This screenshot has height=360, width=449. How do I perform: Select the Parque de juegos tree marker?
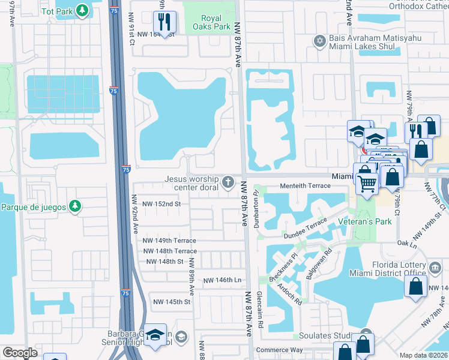(x=74, y=207)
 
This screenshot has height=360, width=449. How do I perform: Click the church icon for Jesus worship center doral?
(x=228, y=181)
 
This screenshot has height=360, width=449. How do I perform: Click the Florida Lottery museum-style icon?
(x=435, y=266)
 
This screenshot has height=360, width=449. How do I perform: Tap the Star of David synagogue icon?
(x=319, y=41)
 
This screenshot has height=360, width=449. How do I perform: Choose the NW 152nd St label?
(x=157, y=204)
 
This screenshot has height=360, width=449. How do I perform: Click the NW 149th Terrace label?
(x=169, y=241)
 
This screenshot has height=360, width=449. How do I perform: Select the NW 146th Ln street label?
(x=221, y=280)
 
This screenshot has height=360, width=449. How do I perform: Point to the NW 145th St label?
(x=172, y=302)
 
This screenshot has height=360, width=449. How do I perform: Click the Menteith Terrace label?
(x=309, y=186)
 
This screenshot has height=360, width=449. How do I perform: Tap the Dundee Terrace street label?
(x=306, y=226)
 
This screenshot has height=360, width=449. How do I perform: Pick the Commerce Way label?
(x=279, y=350)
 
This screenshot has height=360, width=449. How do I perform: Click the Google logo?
(x=20, y=353)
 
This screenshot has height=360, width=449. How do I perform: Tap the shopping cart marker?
(x=367, y=182)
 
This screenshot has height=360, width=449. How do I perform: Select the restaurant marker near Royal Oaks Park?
(x=164, y=23)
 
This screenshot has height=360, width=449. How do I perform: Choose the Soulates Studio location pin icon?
(x=366, y=334)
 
